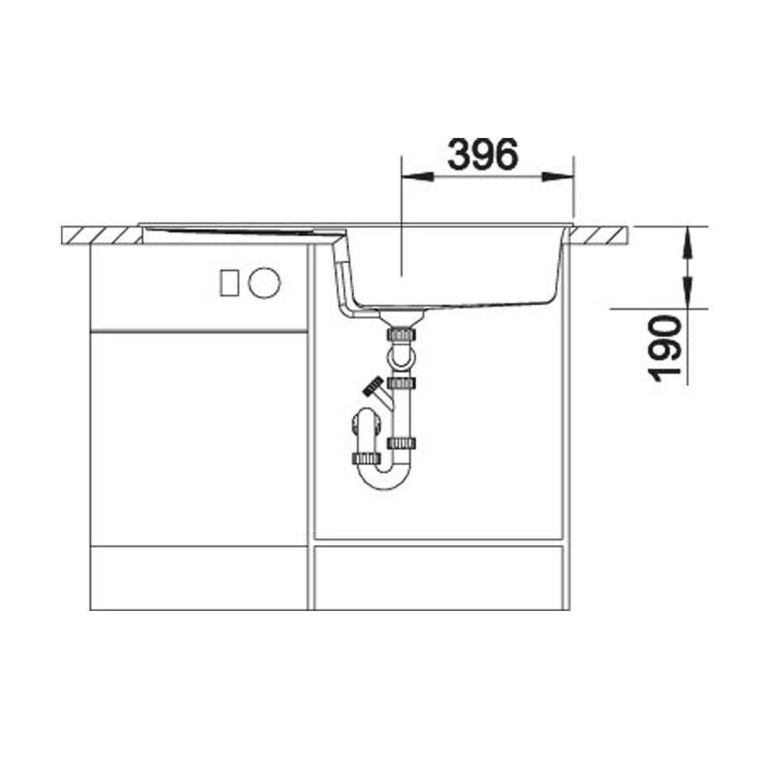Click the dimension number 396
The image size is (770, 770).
[483, 154]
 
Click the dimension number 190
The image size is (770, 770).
[665, 348]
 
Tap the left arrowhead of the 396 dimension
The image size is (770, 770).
[418, 176]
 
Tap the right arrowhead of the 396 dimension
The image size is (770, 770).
[557, 176]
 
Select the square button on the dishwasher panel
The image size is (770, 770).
[229, 283]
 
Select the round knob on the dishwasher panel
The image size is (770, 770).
[264, 283]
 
